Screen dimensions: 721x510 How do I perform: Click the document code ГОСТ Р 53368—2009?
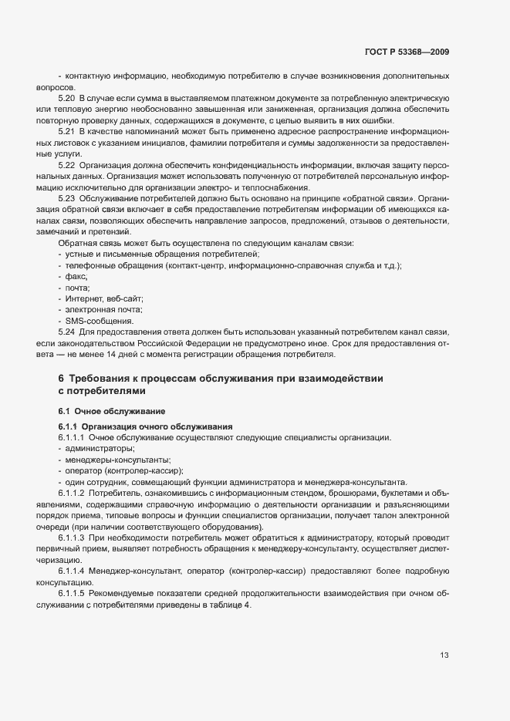[x=407, y=52]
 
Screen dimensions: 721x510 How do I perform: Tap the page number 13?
[x=444, y=656]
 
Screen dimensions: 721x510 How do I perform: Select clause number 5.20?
[x=66, y=99]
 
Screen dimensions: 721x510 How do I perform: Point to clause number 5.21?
[x=66, y=132]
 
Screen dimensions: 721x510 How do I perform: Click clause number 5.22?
[x=66, y=165]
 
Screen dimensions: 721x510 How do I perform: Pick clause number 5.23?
[x=66, y=198]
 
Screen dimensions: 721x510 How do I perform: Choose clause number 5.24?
[x=66, y=332]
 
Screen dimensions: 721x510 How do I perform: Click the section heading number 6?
[x=61, y=379]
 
